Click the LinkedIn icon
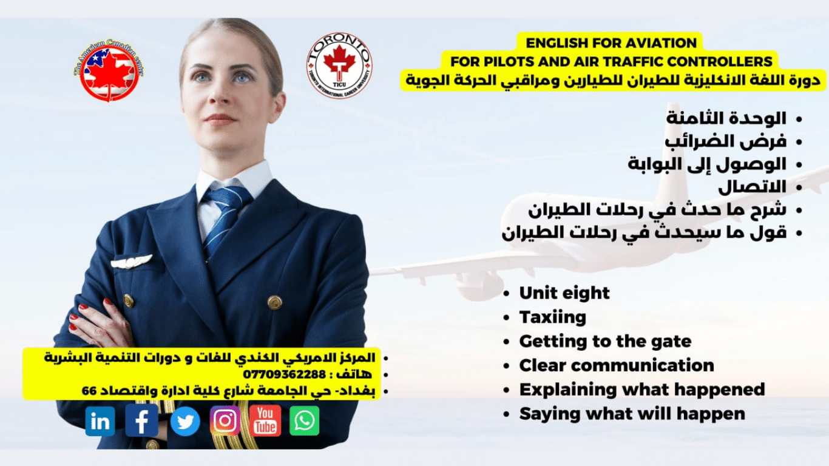(x=100, y=421)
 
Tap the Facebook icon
(x=141, y=420)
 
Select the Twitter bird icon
(x=185, y=421)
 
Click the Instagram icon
(x=225, y=420)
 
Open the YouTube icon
(x=265, y=421)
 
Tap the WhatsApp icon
(x=304, y=421)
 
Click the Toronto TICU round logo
(x=339, y=66)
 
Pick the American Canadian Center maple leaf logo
(x=109, y=70)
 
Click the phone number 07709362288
(x=284, y=374)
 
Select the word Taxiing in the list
(x=552, y=317)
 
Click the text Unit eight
(x=564, y=293)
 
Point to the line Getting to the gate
(x=605, y=342)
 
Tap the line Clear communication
(x=617, y=366)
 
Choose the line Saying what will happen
(x=632, y=414)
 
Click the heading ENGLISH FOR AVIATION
(x=611, y=43)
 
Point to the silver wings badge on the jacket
(x=131, y=262)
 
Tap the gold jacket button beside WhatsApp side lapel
(x=274, y=302)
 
